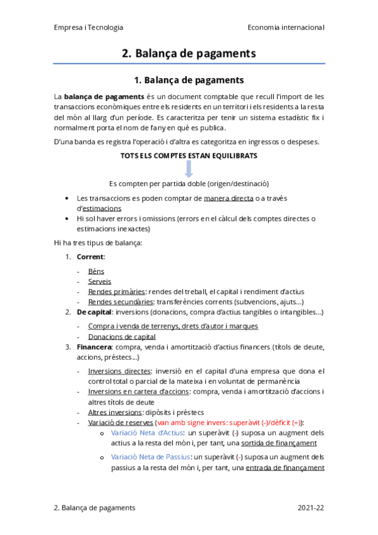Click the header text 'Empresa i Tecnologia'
pos(88,28)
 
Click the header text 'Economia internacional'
pos(286,28)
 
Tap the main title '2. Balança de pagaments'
pos(189,54)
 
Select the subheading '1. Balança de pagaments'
pos(189,81)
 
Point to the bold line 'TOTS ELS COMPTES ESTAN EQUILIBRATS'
pos(189,155)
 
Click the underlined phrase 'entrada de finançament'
pos(285,467)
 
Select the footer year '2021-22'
pos(310,508)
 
